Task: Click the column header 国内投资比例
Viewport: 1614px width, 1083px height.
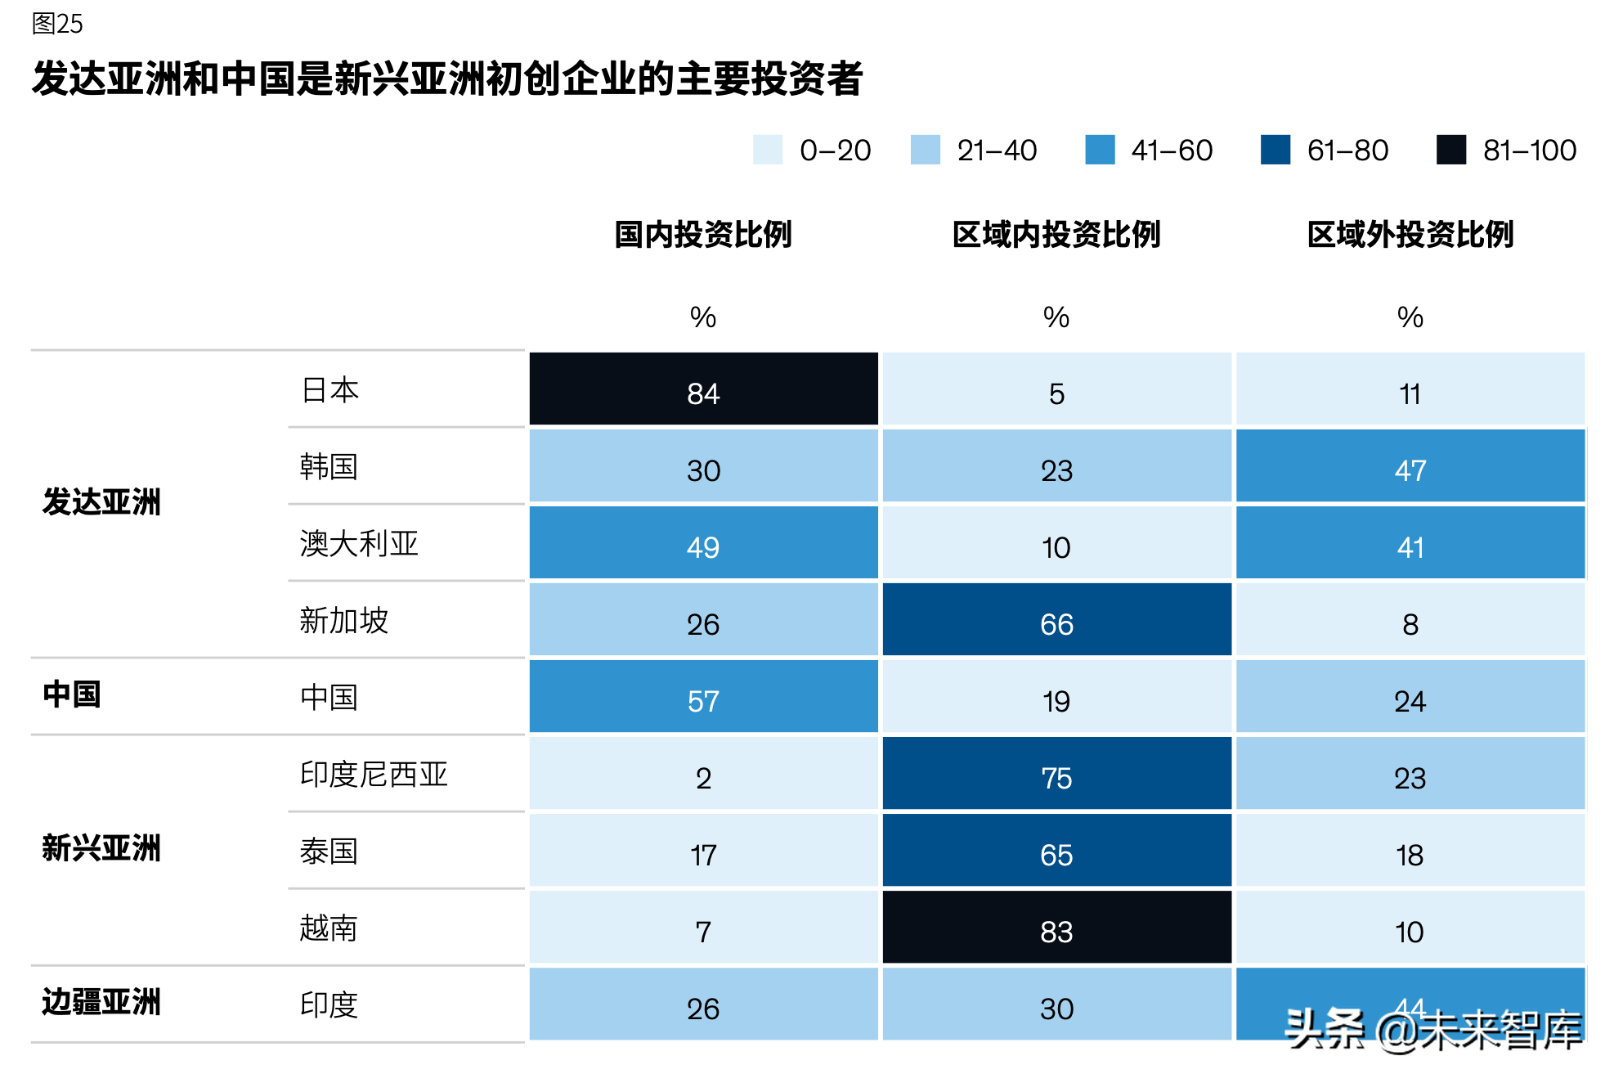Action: pos(703,235)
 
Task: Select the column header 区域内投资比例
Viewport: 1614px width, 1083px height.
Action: pos(1056,235)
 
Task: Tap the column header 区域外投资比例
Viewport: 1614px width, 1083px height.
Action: pos(1410,235)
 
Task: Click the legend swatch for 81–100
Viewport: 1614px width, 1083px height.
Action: pos(1450,150)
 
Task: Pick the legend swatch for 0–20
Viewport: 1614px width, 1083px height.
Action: pos(767,150)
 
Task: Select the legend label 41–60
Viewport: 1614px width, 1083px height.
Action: pos(1172,151)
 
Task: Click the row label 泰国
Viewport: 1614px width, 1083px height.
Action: pos(329,852)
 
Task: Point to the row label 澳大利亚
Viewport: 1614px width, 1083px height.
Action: pos(358,544)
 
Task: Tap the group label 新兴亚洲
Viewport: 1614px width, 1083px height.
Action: pos(101,848)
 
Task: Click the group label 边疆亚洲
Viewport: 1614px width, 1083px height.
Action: pos(101,1002)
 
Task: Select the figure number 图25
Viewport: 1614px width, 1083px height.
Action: pos(57,24)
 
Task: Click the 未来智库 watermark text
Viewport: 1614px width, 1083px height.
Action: pos(1500,1031)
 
